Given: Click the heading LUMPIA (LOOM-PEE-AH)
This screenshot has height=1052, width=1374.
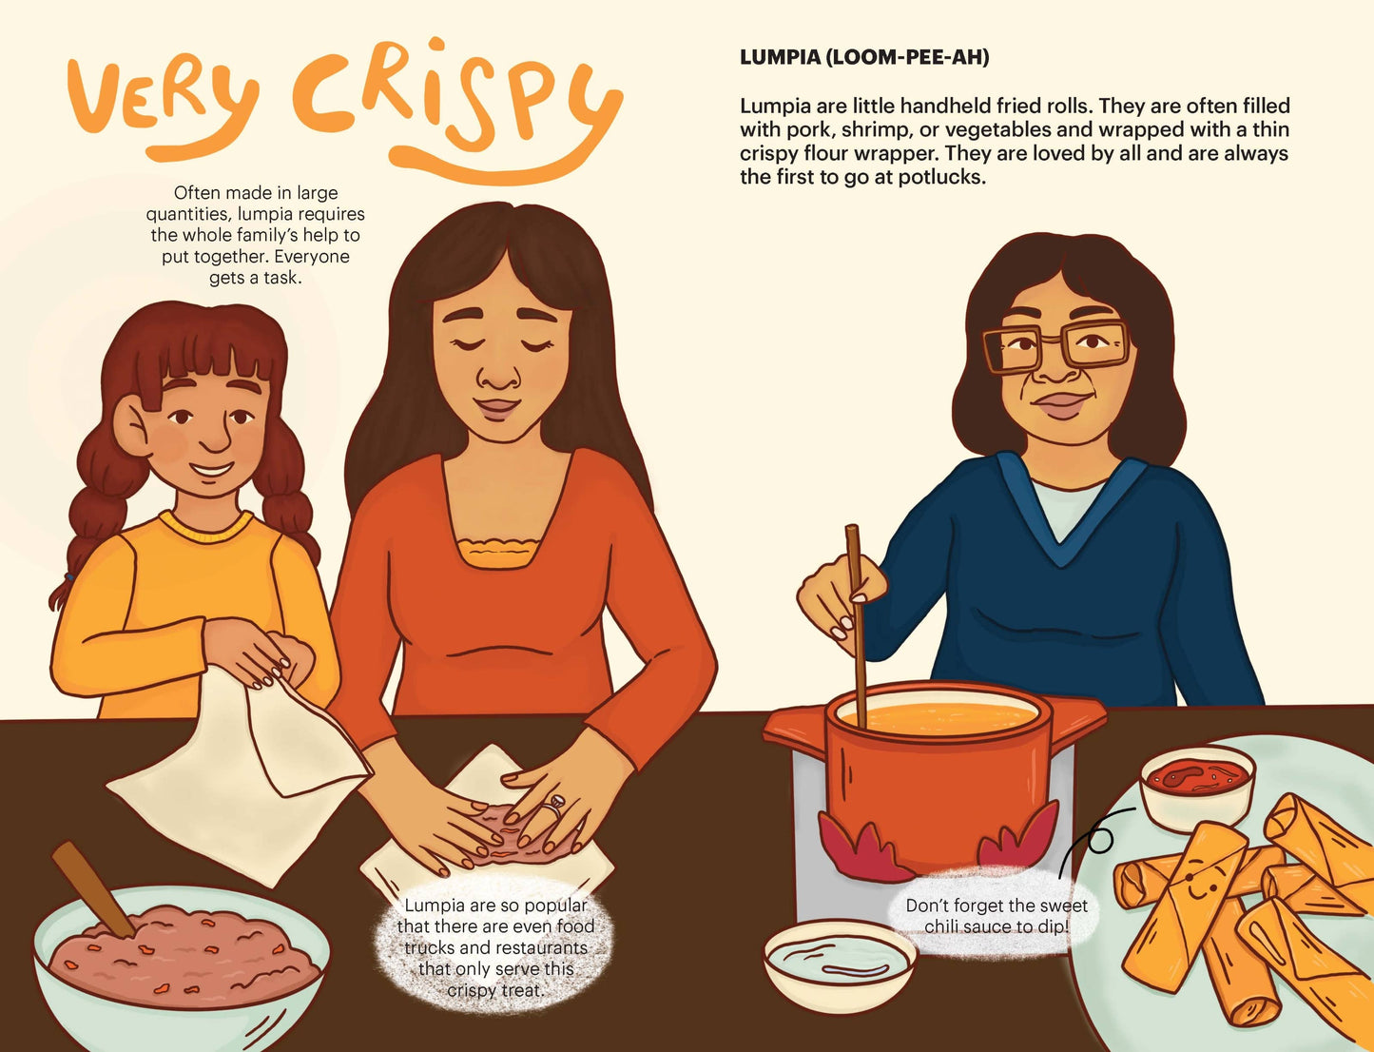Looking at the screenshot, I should (x=864, y=57).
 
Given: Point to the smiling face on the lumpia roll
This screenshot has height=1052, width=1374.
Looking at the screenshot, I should (x=1195, y=883).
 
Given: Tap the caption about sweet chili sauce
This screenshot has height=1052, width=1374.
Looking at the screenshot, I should (x=996, y=915).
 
